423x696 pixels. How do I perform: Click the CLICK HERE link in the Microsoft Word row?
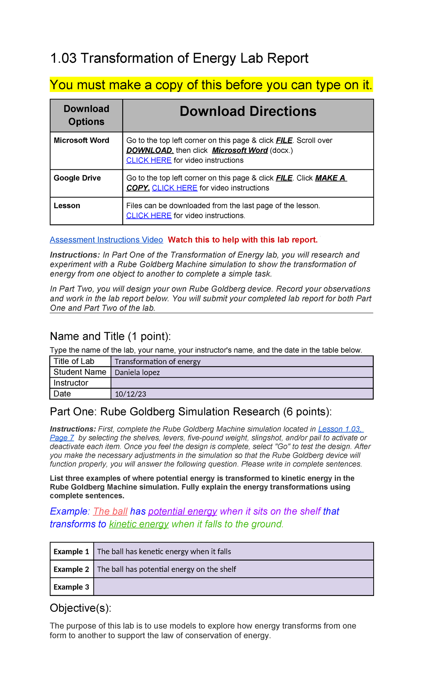pos(149,160)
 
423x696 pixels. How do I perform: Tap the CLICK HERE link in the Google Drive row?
pos(174,188)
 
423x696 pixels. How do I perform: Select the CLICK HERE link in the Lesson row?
pos(149,216)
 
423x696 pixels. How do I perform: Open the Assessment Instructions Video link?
pos(106,240)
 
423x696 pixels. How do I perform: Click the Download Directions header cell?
pos(248,112)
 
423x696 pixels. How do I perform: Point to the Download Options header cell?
pos(86,115)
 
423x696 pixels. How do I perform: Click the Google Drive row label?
pos(77,178)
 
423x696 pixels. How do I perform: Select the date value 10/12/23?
pos(130,394)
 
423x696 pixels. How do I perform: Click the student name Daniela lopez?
pos(137,372)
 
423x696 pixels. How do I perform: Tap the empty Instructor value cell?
pos(242,383)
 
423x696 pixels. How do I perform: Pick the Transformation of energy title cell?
pos(158,361)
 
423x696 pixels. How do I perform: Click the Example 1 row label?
pos(72,552)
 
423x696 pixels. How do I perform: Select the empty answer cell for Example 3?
pos(233,587)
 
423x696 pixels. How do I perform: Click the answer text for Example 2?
pos(166,569)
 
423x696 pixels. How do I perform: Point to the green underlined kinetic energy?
pos(139,524)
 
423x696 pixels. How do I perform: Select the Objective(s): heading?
pos(81,608)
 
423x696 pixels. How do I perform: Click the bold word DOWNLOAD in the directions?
pos(150,150)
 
